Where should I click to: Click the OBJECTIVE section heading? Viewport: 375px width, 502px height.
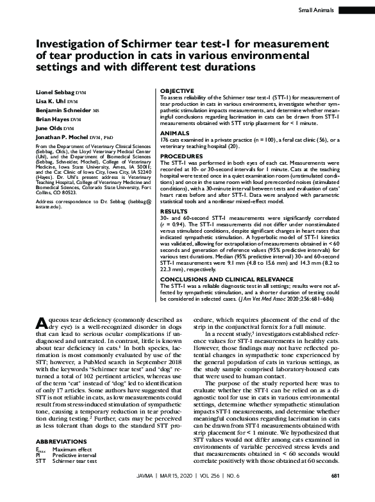tap(176, 91)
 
